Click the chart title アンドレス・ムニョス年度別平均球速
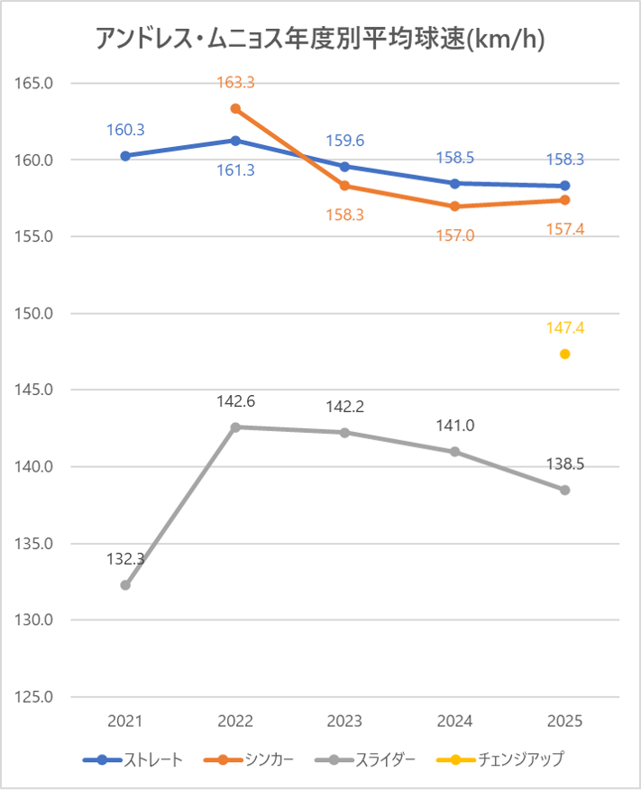tap(320, 40)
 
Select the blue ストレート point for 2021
tap(125, 156)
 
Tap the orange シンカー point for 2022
tap(235, 108)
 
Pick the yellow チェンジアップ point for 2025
tap(565, 354)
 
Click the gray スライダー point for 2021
tap(125, 585)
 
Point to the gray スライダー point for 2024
tap(455, 451)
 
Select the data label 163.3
tap(235, 83)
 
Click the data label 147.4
tap(565, 328)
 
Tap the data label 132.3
tap(125, 559)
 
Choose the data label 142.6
tap(235, 401)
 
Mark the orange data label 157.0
tap(455, 235)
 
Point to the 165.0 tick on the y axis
tap(36, 84)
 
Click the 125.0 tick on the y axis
tap(36, 697)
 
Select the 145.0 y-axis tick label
tap(36, 390)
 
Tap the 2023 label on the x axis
tap(345, 721)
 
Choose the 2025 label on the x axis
tap(565, 721)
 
